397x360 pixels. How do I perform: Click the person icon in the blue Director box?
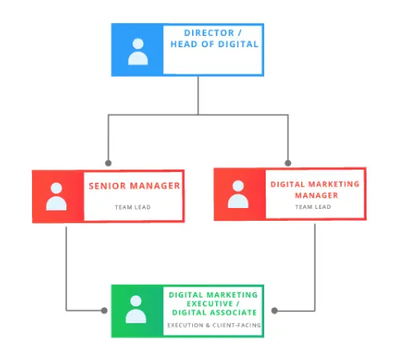[x=138, y=52]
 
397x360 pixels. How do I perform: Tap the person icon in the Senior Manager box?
[x=56, y=197]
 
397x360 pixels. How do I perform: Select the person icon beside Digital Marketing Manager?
[x=238, y=194]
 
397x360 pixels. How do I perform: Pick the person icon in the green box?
[x=136, y=310]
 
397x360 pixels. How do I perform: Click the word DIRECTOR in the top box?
[x=209, y=33]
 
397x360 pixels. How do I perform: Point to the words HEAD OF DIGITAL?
[x=215, y=44]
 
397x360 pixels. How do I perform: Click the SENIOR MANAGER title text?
[x=134, y=186]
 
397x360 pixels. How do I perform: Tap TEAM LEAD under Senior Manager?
[x=133, y=207]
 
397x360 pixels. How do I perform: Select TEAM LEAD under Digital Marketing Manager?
[x=313, y=206]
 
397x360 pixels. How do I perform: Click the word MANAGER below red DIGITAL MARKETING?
[x=316, y=195]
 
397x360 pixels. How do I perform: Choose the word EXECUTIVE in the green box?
[x=210, y=304]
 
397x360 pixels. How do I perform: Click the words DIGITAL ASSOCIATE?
[x=215, y=313]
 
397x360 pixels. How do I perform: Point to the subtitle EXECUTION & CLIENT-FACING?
[x=214, y=325]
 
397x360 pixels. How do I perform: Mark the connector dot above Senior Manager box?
[x=108, y=163]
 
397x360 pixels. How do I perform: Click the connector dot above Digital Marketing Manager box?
[x=288, y=163]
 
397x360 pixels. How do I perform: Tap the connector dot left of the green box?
[x=104, y=310]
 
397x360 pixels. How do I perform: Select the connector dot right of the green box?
[x=275, y=310]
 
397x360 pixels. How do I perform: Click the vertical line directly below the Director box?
[x=198, y=95]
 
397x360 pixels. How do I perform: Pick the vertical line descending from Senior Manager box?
[x=66, y=269]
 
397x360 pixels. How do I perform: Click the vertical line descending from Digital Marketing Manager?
[x=315, y=267]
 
